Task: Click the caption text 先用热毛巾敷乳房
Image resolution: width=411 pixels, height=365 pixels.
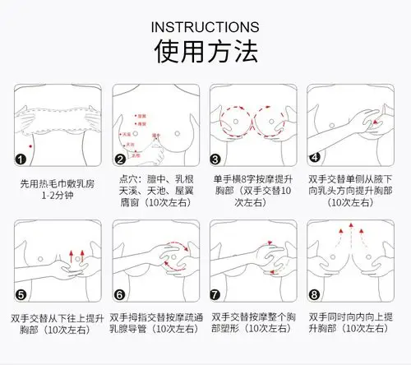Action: tap(56, 185)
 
